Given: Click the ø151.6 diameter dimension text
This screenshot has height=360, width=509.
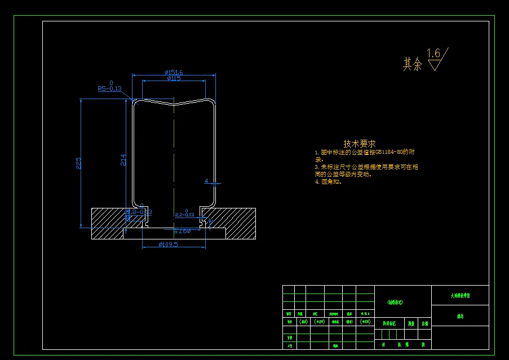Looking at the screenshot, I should [174, 72].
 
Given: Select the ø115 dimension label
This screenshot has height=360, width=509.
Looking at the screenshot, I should [174, 78].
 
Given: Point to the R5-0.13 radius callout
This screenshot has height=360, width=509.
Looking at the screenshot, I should [109, 88].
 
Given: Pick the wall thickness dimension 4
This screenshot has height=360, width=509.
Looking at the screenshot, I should [207, 181].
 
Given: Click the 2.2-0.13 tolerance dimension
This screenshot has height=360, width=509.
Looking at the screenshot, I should [184, 214].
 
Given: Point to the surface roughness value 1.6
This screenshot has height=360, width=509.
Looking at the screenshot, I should [433, 54].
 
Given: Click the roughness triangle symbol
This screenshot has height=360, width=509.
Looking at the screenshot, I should [435, 64].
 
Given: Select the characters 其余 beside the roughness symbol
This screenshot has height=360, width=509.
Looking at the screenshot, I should [412, 64].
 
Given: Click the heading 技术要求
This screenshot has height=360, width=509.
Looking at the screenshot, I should [359, 144].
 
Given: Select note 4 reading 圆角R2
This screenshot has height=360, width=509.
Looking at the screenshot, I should [328, 182].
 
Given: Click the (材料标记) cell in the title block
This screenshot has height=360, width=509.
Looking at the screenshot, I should [396, 303].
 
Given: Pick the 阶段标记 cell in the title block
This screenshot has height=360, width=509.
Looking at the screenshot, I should [390, 324].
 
